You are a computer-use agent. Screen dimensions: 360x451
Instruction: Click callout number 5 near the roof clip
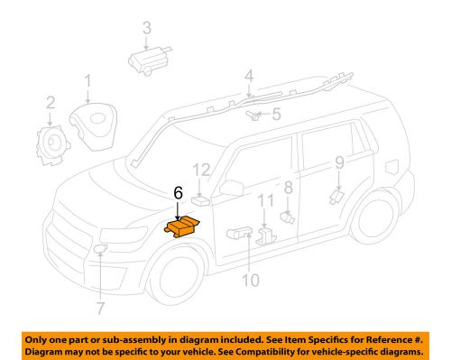coord(277,115)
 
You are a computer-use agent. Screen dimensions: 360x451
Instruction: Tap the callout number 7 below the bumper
coord(100,294)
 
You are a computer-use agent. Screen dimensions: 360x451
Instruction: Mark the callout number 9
coord(340,162)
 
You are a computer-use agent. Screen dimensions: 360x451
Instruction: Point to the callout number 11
coord(264,199)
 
